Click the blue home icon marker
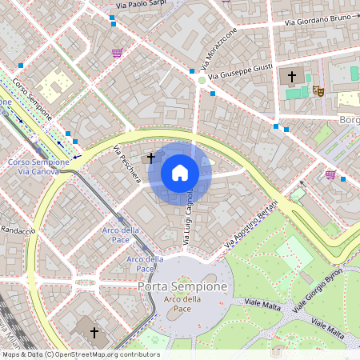tap(180, 173)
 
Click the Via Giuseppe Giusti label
tap(243, 68)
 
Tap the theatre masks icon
tap(318, 91)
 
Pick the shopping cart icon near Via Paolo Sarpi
tap(118, 53)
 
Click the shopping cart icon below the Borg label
tap(330, 174)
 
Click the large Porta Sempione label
tap(182, 286)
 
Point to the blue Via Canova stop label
tap(38, 171)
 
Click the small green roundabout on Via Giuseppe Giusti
tap(202, 79)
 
